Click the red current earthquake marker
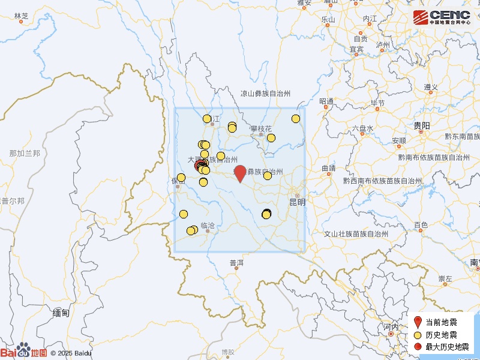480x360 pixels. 240,172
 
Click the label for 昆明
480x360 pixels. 298,202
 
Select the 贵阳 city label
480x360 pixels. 422,125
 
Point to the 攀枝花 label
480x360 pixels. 262,128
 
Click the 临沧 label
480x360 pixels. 207,226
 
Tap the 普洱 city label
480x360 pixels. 236,263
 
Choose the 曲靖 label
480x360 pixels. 328,169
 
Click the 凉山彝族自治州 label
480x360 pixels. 265,94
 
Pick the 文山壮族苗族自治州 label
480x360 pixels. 357,233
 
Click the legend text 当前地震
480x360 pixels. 442,322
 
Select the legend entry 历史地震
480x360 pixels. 442,335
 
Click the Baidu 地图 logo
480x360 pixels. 24,352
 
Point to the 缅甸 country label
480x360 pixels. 61,313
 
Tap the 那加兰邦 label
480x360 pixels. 25,154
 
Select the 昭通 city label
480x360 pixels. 327,101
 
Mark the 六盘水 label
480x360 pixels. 363,128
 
